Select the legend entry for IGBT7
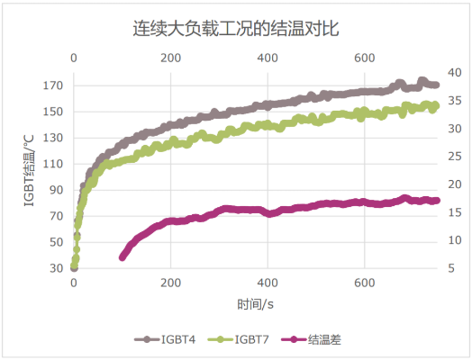pos(246,340)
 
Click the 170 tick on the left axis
pos(52,85)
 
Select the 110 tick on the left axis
pos(52,164)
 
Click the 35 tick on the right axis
pos(455,101)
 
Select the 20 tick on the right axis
pos(455,184)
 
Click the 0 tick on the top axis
pos(74,58)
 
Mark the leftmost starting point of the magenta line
pos(123,257)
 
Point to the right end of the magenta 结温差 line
pos(437,201)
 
